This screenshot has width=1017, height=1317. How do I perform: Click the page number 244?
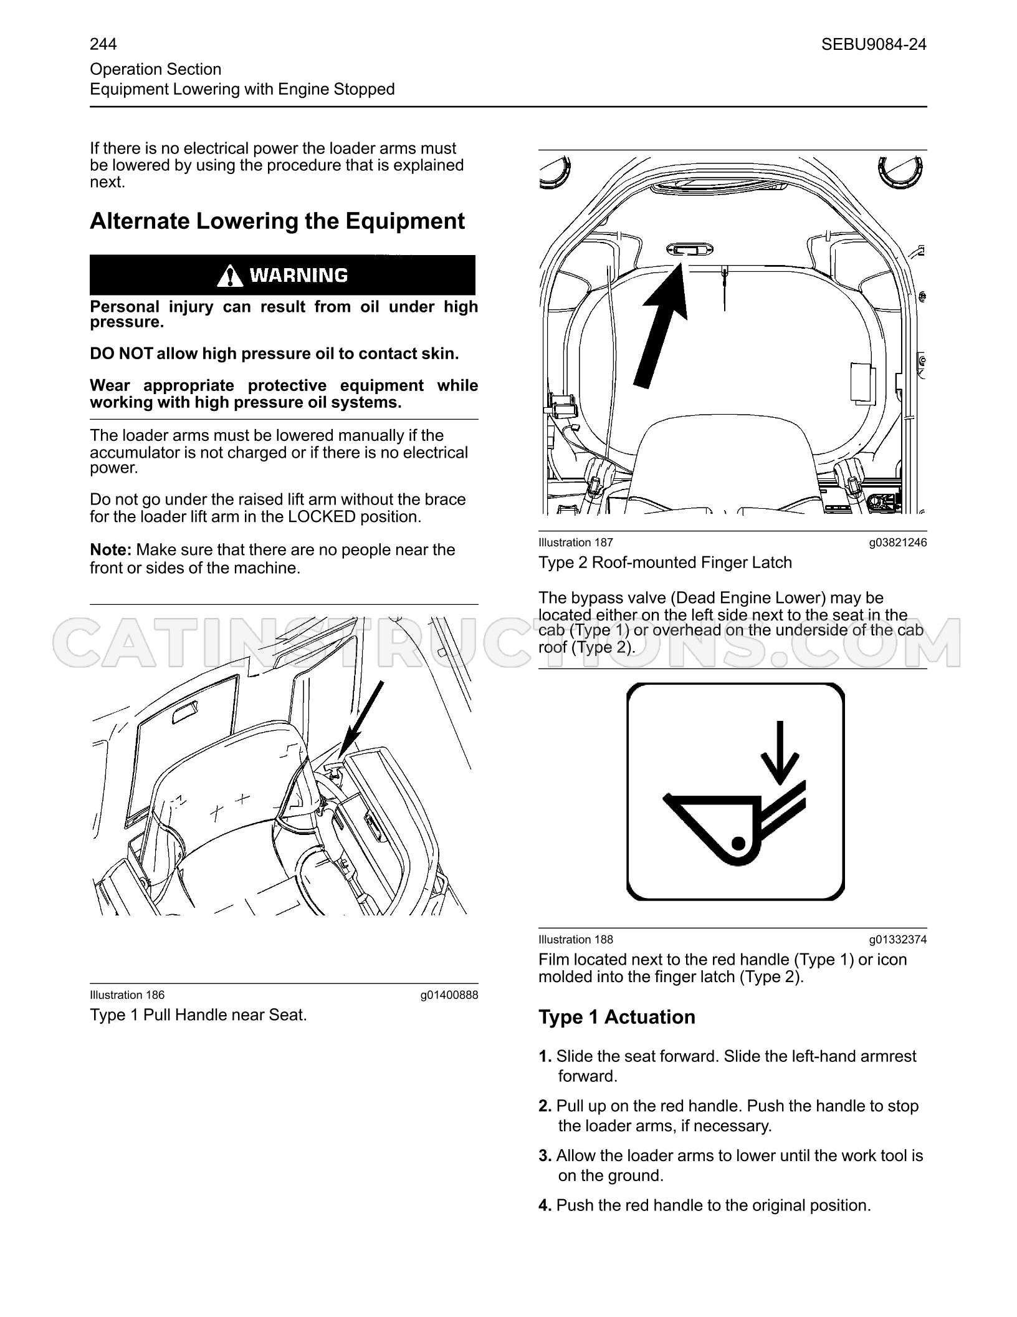(103, 44)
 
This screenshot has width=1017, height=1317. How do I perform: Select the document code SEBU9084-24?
(874, 44)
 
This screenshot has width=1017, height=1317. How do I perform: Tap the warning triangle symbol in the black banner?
(231, 275)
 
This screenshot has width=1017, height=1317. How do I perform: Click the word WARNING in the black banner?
(299, 275)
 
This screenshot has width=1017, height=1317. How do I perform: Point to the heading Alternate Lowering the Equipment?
(277, 221)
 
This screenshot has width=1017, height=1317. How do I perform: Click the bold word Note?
(110, 550)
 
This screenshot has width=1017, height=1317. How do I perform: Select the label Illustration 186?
(127, 995)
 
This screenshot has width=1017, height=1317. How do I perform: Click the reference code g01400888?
(449, 995)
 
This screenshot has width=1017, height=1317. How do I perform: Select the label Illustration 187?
(576, 543)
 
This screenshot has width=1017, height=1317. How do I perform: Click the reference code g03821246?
(898, 543)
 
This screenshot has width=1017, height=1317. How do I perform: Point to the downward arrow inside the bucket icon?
(779, 753)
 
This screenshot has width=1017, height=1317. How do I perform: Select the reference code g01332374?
(898, 940)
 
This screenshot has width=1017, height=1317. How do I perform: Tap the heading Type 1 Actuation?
(617, 1017)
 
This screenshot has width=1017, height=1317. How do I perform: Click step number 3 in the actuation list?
(545, 1155)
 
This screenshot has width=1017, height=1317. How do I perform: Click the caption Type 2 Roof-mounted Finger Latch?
(665, 562)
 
